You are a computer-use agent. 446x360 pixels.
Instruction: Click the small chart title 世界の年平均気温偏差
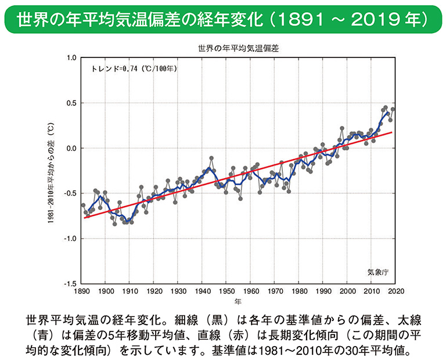238,49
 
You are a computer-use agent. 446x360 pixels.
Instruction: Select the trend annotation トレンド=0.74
135,69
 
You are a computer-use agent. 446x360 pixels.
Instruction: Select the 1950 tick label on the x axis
226,291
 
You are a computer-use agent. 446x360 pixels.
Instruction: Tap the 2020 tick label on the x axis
396,291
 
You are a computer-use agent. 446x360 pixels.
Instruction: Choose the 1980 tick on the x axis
299,291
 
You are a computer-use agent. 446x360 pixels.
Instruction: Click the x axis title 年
238,302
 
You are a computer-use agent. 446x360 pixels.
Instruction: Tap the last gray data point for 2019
393,109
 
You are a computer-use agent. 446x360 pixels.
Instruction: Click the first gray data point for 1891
83,205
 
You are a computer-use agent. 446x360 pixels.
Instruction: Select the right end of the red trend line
393,132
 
